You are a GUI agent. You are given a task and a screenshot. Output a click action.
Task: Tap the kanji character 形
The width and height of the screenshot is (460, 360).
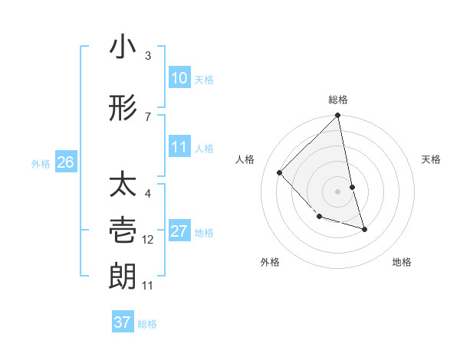click(x=123, y=108)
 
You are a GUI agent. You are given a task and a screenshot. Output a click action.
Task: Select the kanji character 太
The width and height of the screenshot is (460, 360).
click(x=123, y=186)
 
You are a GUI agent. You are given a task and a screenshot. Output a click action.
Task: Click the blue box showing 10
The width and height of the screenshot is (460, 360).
click(x=179, y=78)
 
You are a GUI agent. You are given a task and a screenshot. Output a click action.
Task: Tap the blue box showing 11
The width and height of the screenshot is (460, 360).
click(x=179, y=147)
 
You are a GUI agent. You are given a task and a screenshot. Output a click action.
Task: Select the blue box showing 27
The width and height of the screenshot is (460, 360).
click(x=179, y=231)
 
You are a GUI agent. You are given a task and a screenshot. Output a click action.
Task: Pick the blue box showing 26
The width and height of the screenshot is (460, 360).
click(x=66, y=162)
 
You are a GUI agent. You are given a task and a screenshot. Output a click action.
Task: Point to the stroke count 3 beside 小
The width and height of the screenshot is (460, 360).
click(x=148, y=56)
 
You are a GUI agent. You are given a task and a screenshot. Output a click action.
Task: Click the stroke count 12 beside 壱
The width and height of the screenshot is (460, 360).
click(x=148, y=240)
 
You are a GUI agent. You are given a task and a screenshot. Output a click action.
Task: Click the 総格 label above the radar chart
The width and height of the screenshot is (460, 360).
click(x=338, y=100)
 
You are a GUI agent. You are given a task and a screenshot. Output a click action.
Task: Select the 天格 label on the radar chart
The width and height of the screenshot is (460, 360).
click(x=432, y=159)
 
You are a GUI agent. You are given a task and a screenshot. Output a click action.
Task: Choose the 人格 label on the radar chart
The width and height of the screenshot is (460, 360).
click(x=245, y=159)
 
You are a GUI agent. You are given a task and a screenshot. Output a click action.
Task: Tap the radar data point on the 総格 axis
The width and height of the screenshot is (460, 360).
click(x=337, y=116)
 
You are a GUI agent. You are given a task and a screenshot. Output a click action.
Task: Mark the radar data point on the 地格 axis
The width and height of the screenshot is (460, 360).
click(x=364, y=229)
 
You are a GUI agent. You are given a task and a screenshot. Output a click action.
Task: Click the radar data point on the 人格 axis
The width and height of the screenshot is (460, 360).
click(x=280, y=172)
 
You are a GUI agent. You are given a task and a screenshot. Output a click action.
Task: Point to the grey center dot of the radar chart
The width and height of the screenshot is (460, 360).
click(x=337, y=191)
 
